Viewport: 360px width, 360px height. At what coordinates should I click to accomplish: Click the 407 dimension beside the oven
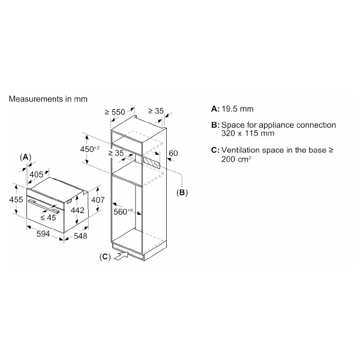click(98, 200)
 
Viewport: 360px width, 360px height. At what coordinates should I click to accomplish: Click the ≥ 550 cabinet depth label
click(115, 112)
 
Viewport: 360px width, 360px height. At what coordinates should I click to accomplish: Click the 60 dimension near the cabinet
click(173, 154)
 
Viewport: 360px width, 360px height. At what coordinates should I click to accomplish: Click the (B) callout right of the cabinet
click(182, 193)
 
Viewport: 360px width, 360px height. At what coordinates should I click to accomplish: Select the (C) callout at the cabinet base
click(104, 257)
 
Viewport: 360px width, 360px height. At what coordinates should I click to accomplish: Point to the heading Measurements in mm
click(47, 98)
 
